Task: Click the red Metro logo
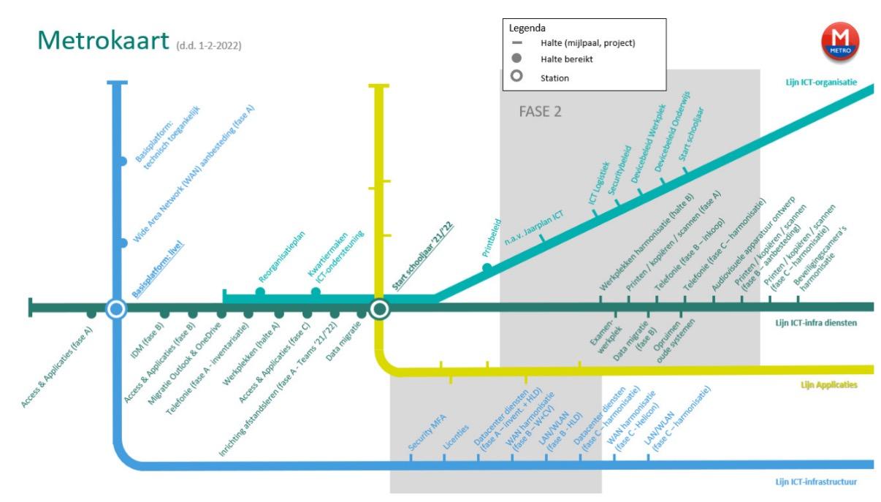(x=839, y=41)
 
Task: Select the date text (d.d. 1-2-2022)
(x=209, y=46)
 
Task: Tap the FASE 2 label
(x=540, y=112)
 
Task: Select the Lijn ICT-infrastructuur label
(x=815, y=482)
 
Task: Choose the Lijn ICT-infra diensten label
(x=815, y=322)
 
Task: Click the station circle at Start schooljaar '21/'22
(x=378, y=309)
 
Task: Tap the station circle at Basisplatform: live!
(x=115, y=309)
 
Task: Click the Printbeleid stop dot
(x=487, y=268)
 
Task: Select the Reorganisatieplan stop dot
(x=260, y=292)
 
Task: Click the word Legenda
(x=527, y=28)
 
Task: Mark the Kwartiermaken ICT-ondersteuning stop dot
(x=316, y=292)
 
